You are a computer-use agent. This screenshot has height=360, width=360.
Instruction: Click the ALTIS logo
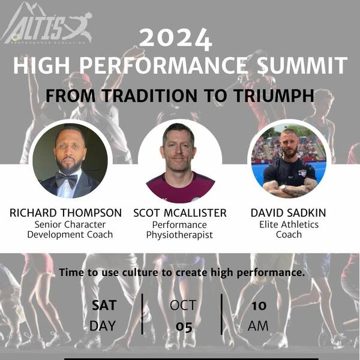(x=47, y=24)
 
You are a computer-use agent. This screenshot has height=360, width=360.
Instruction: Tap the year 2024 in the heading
(x=176, y=39)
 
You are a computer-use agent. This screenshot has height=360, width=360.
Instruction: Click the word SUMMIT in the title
(x=302, y=65)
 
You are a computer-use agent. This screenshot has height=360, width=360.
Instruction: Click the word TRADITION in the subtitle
(x=149, y=95)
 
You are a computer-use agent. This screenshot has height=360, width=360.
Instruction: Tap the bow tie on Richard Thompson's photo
(x=67, y=179)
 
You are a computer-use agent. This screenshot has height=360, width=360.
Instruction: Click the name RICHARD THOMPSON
(x=65, y=212)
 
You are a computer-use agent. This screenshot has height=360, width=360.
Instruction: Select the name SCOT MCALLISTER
(x=180, y=213)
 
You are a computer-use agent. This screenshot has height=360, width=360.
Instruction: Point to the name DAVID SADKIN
(x=288, y=212)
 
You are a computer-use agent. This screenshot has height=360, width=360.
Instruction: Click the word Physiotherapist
(x=179, y=235)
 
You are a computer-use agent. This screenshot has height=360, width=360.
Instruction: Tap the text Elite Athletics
(x=289, y=224)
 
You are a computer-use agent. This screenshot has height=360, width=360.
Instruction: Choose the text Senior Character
(x=70, y=224)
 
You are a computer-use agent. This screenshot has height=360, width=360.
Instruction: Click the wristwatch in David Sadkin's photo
(x=284, y=187)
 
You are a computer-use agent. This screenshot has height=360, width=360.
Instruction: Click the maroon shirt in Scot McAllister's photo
(x=181, y=189)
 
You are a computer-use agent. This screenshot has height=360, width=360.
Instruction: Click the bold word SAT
(x=104, y=305)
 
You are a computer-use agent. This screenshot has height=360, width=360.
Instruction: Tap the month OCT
(x=183, y=305)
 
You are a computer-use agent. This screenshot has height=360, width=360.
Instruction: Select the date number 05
(x=184, y=326)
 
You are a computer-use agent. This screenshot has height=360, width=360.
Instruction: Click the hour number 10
(x=259, y=305)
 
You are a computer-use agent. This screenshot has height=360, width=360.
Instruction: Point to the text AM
(x=258, y=326)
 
